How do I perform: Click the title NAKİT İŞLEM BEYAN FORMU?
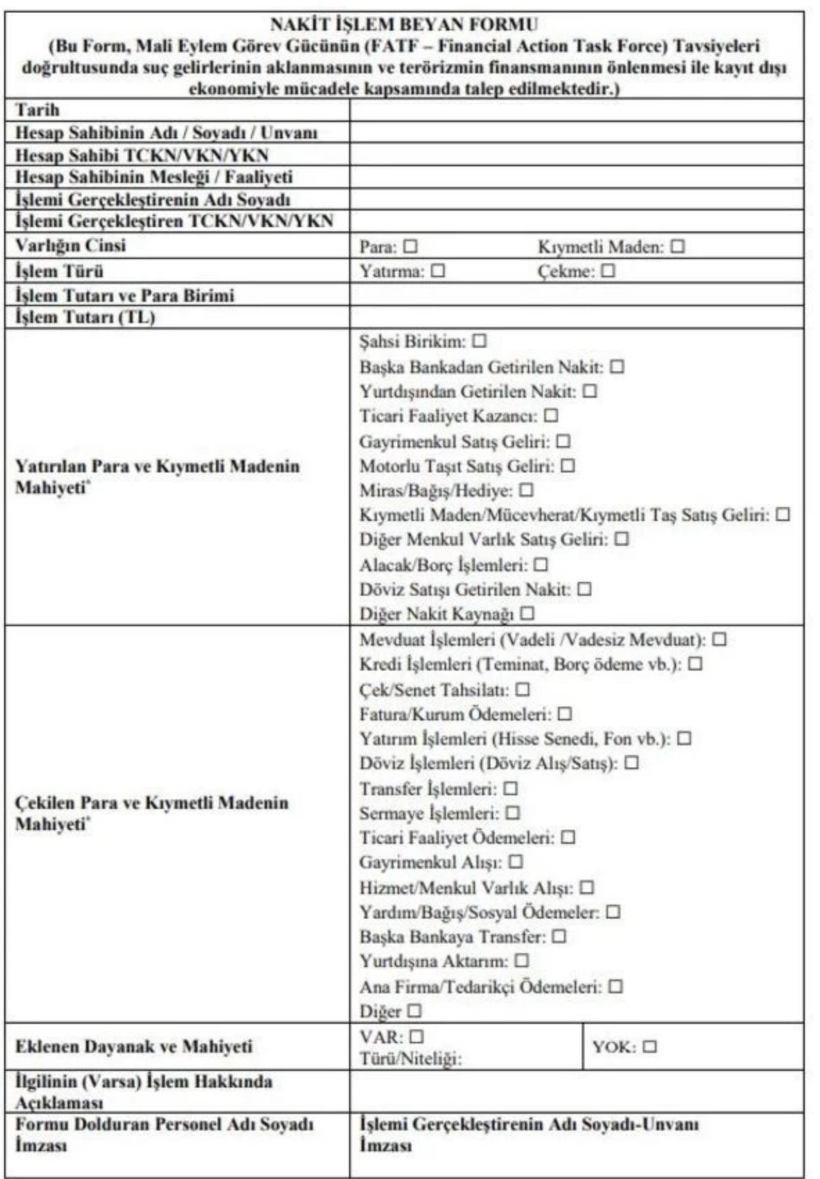point(404,25)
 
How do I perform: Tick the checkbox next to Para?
point(411,247)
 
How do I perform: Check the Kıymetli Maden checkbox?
point(677,247)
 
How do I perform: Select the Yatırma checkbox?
point(438,272)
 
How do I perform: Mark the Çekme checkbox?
point(608,272)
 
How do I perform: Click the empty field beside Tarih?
point(576,110)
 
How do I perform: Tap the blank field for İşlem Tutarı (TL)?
point(576,317)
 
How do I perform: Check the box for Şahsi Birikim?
point(479,342)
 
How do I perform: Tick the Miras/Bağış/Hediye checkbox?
point(526,490)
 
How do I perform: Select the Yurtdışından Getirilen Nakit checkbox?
point(589,391)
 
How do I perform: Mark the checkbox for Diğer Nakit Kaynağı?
point(527,614)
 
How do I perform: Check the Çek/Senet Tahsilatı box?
point(523,690)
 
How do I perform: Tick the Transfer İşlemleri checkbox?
point(510,789)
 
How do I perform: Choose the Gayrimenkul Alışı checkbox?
point(515,862)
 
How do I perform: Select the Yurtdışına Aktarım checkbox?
point(522,961)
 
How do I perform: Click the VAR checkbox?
point(416,1037)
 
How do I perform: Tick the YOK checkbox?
point(649,1047)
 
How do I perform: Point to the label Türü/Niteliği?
point(410,1059)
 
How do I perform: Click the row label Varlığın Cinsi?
point(71,246)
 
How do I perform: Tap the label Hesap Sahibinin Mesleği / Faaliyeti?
point(154,177)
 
